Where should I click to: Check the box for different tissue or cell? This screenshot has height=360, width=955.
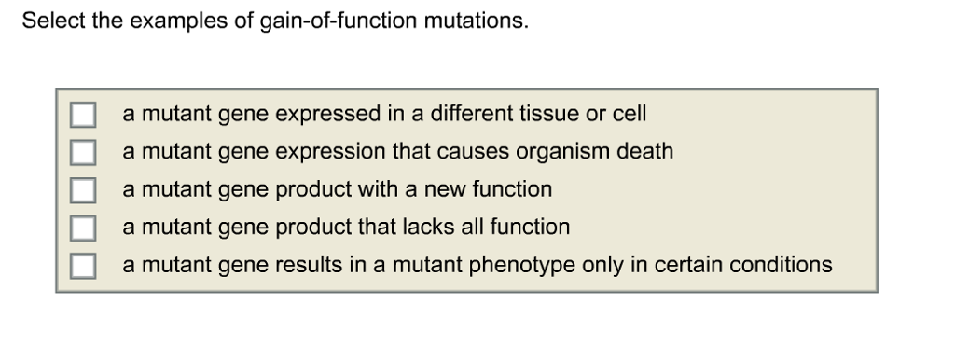click(83, 115)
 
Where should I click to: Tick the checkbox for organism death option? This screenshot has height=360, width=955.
click(83, 152)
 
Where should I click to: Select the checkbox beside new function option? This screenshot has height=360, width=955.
click(83, 190)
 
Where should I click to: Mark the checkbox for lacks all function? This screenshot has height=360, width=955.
click(83, 228)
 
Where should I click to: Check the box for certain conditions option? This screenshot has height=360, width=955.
click(83, 266)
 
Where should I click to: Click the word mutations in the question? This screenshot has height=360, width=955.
click(477, 21)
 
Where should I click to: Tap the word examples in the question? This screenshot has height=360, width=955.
click(179, 22)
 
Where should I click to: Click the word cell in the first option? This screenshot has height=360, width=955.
click(630, 114)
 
